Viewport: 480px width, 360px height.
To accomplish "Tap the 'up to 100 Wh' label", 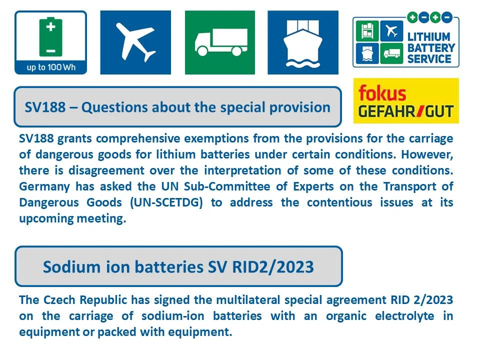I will [x=50, y=67].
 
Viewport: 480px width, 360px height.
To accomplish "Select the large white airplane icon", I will [x=135, y=42].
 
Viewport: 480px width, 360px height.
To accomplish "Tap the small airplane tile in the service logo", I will [x=391, y=31].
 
